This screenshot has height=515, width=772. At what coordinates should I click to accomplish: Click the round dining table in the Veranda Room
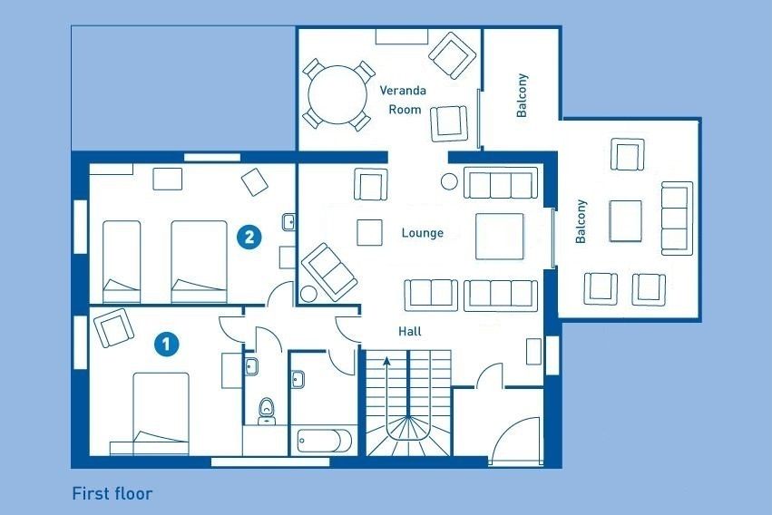(x=337, y=95)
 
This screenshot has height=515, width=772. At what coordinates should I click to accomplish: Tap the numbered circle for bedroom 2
(x=249, y=237)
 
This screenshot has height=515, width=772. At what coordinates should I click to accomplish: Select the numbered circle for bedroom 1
(x=166, y=344)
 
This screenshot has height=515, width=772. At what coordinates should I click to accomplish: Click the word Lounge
(x=423, y=233)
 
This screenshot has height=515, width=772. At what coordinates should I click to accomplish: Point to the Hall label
(x=410, y=332)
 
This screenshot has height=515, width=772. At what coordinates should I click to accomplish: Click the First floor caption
(x=112, y=493)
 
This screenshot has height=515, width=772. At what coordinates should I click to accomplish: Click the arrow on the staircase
(x=387, y=389)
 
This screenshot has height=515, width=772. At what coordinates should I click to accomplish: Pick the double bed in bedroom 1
(x=161, y=413)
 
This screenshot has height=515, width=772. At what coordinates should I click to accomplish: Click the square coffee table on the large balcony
(x=625, y=221)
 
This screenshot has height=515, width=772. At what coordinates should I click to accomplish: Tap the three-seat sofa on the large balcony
(x=677, y=219)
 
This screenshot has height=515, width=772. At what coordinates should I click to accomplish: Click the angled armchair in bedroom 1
(x=113, y=327)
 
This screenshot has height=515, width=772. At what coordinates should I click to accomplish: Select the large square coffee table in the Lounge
(x=499, y=236)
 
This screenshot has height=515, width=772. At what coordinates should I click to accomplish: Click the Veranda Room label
(x=403, y=100)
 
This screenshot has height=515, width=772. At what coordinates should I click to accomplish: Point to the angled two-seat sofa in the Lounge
(x=329, y=271)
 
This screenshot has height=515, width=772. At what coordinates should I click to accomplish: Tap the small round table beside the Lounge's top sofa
(x=450, y=181)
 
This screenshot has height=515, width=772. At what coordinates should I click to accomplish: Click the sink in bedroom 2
(x=288, y=222)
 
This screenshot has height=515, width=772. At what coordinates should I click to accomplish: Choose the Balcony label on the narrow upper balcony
(x=522, y=95)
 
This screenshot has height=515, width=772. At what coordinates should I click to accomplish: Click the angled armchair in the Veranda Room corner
(x=453, y=55)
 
